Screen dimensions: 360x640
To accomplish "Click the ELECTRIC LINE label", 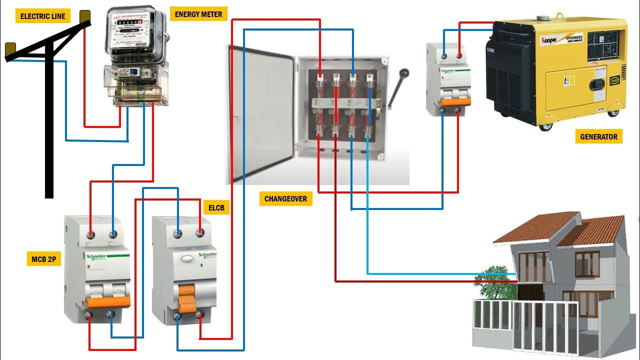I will (x=43, y=16).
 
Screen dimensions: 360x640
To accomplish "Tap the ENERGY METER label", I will (x=198, y=14).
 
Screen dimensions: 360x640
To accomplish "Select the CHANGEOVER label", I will (x=285, y=198).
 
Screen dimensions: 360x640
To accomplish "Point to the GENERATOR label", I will (x=598, y=136).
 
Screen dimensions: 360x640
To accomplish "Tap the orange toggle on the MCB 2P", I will (x=108, y=301).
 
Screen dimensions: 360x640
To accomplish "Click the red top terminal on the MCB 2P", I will (x=91, y=234).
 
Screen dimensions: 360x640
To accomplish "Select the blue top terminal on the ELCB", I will (x=177, y=233).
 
